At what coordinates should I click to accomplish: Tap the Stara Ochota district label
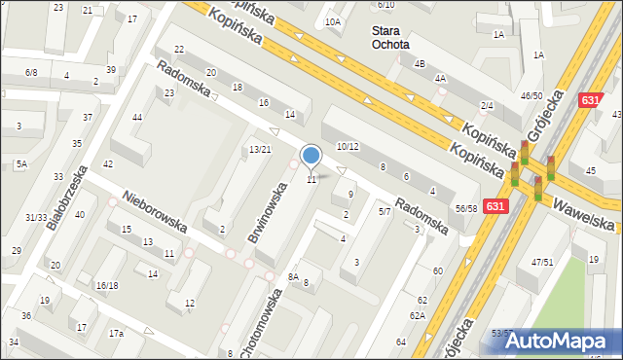coord(390,37)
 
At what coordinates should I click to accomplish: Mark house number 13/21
coord(260,149)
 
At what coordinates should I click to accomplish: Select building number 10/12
coord(348,146)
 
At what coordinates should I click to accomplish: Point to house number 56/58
coord(466,208)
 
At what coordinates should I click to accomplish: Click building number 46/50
coord(531,95)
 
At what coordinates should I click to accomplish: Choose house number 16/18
coord(107,285)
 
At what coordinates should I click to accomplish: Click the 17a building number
coord(116,334)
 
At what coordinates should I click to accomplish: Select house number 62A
coord(417,315)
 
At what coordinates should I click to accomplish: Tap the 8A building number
coord(293,277)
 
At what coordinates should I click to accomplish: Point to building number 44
coord(137,118)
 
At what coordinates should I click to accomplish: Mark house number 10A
coord(333,21)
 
